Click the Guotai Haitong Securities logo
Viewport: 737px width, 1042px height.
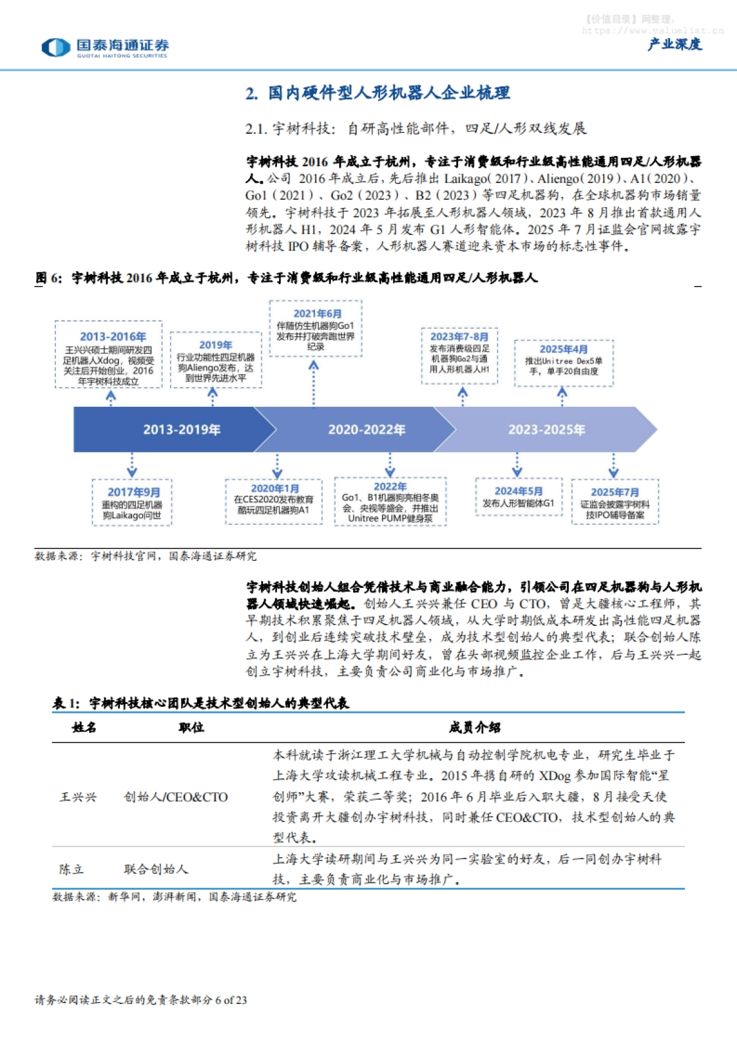point(105,47)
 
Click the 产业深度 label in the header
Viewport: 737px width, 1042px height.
point(674,44)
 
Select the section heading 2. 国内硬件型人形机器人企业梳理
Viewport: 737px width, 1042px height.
point(378,93)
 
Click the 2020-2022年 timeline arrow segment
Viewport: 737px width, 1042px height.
point(366,430)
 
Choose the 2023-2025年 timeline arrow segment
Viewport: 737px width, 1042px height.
point(546,430)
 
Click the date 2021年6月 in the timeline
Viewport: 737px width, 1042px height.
point(318,314)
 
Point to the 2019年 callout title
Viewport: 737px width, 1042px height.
point(216,345)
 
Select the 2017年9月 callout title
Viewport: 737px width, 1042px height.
point(133,492)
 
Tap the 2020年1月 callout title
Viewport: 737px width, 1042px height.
point(275,488)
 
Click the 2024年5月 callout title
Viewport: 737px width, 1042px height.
point(518,491)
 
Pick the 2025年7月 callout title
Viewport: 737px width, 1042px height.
point(615,492)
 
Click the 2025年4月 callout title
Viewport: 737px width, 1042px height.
point(563,349)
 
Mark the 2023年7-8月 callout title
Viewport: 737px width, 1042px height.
point(459,337)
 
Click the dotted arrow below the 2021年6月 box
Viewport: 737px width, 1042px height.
point(314,383)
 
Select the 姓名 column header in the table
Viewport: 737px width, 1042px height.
point(84,728)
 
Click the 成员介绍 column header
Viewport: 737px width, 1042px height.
point(474,728)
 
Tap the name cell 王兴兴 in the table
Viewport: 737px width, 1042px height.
point(78,797)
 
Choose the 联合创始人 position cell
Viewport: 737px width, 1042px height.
point(156,870)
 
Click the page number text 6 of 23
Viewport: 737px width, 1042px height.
point(231,1000)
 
